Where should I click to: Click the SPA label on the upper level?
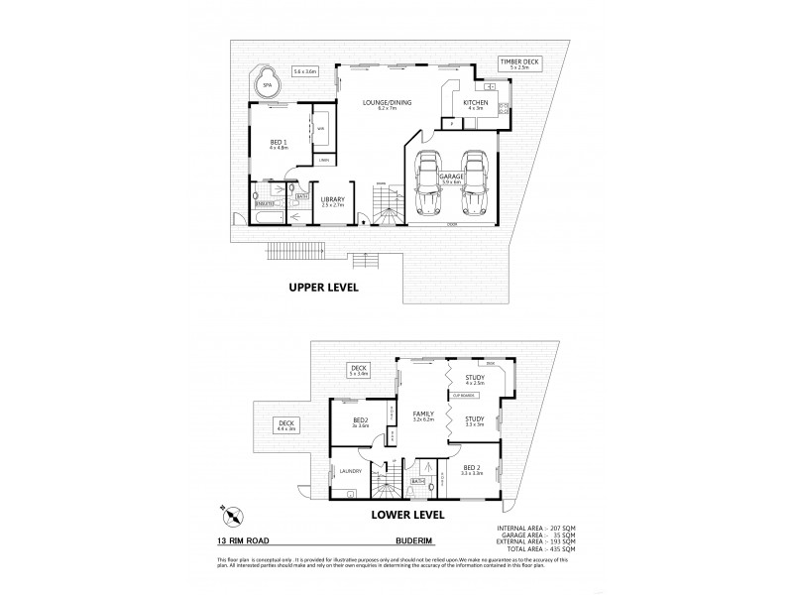click(x=267, y=85)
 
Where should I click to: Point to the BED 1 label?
click(x=279, y=145)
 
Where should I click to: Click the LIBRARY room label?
click(x=332, y=201)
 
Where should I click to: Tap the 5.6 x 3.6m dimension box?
click(x=304, y=70)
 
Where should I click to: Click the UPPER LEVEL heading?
click(x=322, y=288)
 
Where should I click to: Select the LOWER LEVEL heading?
click(x=406, y=515)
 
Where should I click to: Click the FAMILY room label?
click(x=425, y=416)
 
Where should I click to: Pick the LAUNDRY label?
click(x=348, y=471)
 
